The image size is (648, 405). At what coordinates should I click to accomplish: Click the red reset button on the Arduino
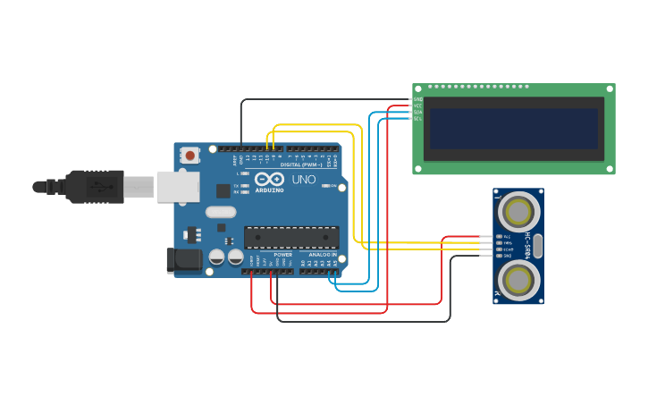click(x=190, y=156)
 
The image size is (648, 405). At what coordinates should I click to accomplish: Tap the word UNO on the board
click(x=304, y=180)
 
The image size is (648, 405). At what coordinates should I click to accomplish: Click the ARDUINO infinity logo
click(x=270, y=180)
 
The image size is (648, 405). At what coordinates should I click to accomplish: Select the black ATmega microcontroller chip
click(x=291, y=237)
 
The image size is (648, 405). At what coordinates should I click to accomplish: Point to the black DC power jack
click(x=181, y=260)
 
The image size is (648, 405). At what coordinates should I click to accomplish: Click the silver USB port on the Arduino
click(x=178, y=186)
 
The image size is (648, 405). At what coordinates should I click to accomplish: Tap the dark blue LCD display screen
click(x=513, y=129)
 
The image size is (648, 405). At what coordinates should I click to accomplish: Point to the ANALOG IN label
click(x=323, y=255)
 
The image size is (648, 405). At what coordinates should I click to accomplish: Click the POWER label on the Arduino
click(x=282, y=255)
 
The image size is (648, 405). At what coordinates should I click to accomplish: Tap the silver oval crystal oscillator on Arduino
click(x=221, y=212)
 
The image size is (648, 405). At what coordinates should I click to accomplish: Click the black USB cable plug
click(x=93, y=186)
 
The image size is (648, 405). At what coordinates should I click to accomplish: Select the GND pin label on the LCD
click(x=417, y=98)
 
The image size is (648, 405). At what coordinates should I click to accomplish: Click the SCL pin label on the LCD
click(x=417, y=118)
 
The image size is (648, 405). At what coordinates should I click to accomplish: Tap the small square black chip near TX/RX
click(x=223, y=190)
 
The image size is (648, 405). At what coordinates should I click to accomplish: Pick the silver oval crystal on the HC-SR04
click(x=538, y=246)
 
